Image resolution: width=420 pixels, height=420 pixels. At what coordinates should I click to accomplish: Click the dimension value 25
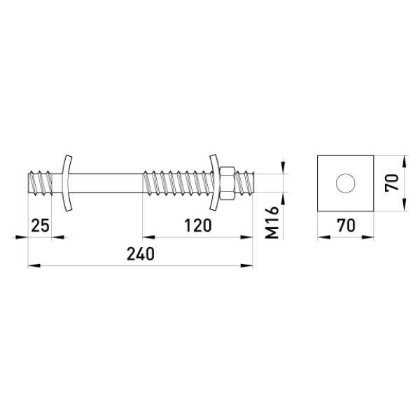click(x=41, y=225)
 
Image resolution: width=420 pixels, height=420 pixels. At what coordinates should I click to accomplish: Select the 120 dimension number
click(x=198, y=225)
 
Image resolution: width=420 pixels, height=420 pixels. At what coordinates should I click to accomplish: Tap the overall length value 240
click(x=141, y=254)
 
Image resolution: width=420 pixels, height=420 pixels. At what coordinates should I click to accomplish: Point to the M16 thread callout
click(x=272, y=223)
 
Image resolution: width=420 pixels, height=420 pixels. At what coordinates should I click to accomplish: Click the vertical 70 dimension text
click(x=391, y=183)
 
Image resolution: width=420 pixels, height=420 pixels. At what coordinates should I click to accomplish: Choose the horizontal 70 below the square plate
click(x=346, y=225)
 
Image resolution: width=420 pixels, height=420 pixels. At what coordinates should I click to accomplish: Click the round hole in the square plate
click(x=346, y=183)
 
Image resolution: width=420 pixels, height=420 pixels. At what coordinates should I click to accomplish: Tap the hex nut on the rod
click(x=227, y=183)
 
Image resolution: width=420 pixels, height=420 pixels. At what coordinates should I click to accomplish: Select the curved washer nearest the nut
click(x=213, y=183)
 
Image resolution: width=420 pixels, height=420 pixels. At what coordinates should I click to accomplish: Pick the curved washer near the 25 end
click(x=66, y=183)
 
